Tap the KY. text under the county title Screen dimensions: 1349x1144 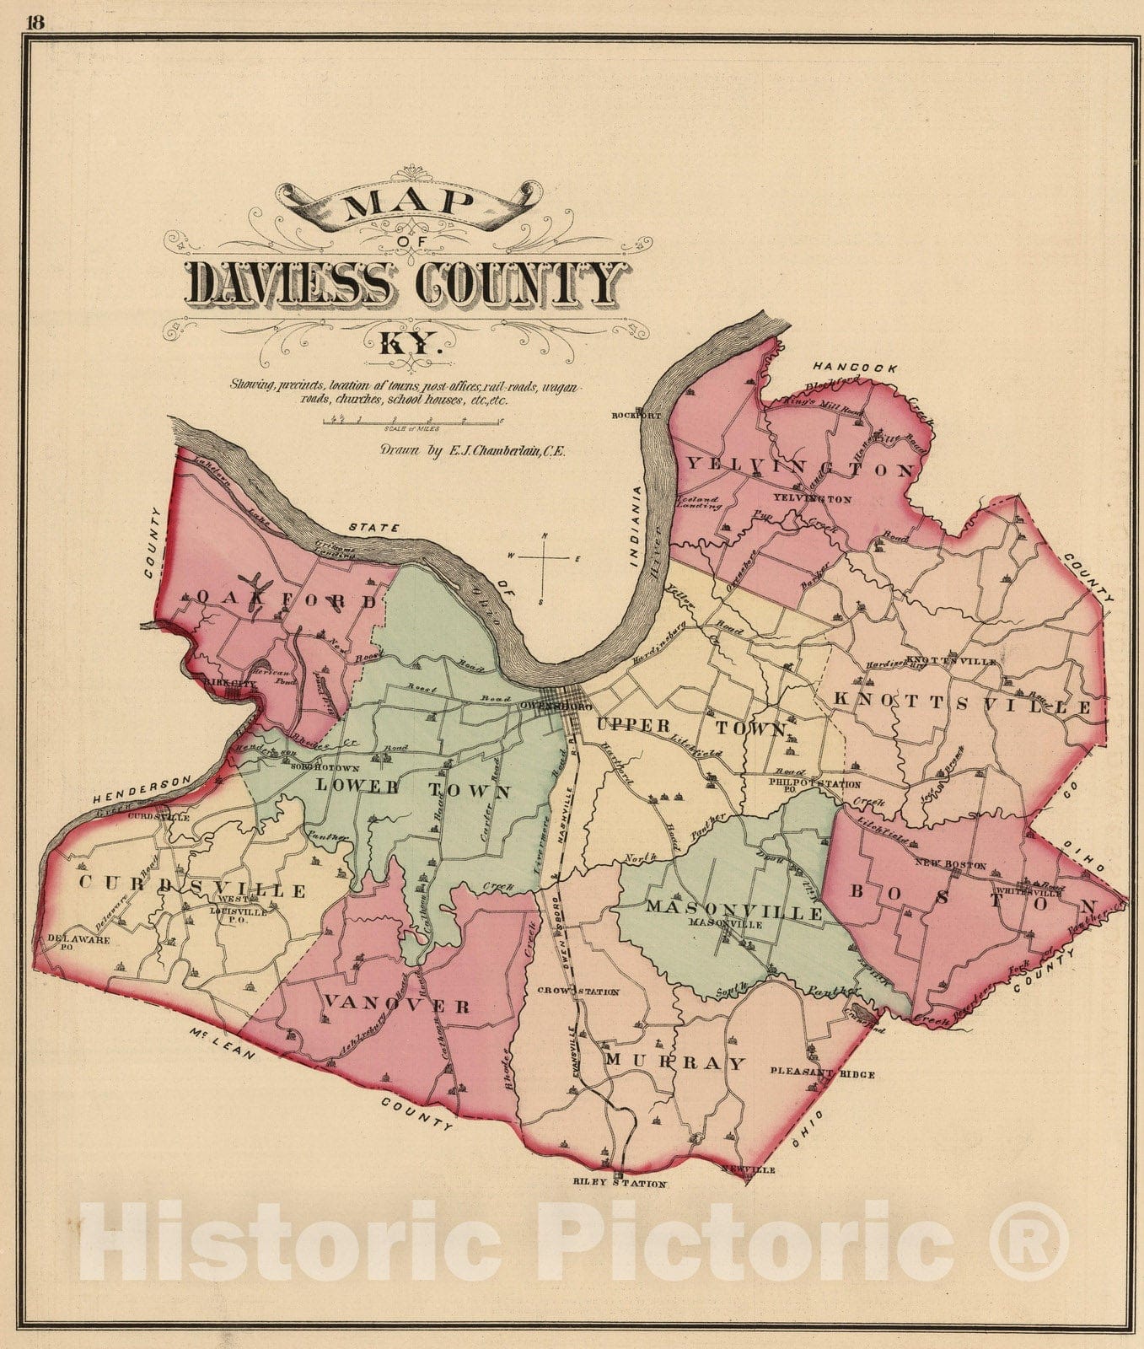(408, 345)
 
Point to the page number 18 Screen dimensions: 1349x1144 (35, 23)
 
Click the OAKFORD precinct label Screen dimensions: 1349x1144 (286, 600)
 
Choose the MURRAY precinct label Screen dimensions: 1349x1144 (675, 1062)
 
